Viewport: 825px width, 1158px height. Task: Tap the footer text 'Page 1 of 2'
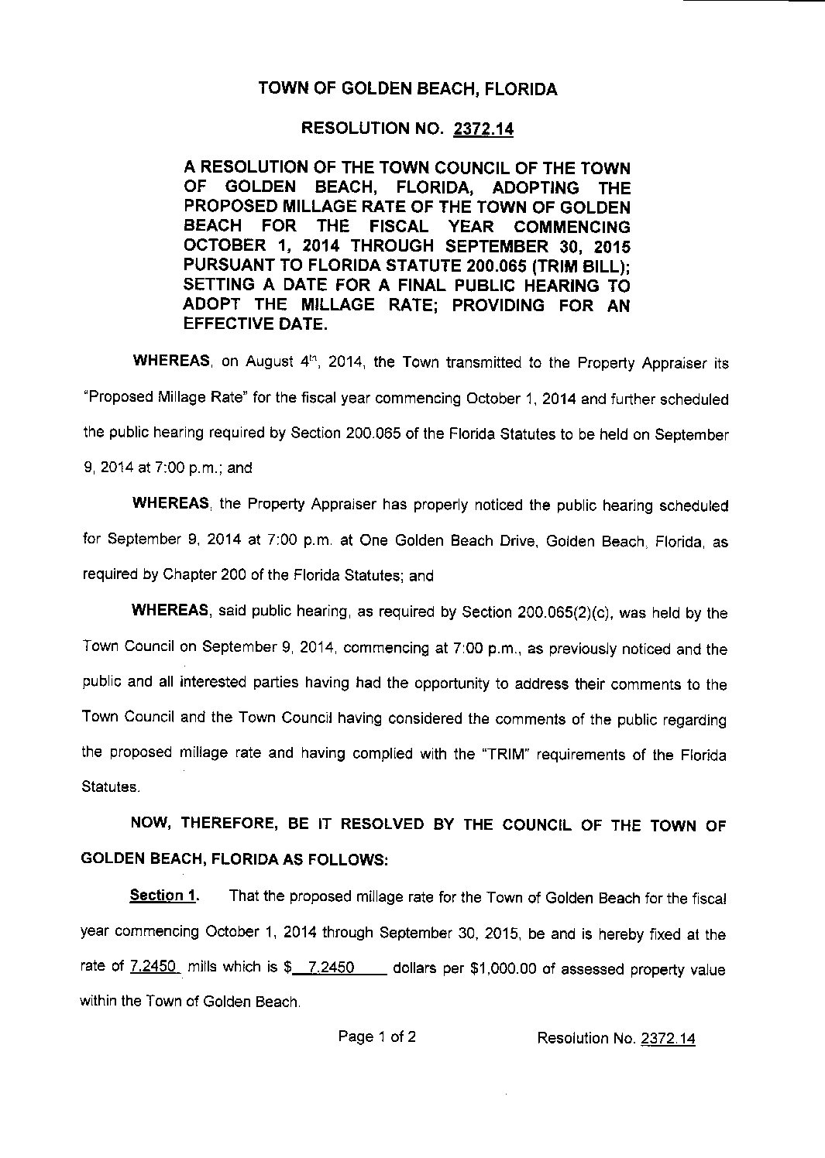tap(377, 1036)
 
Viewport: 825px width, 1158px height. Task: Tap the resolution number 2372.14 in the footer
tap(668, 1038)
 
